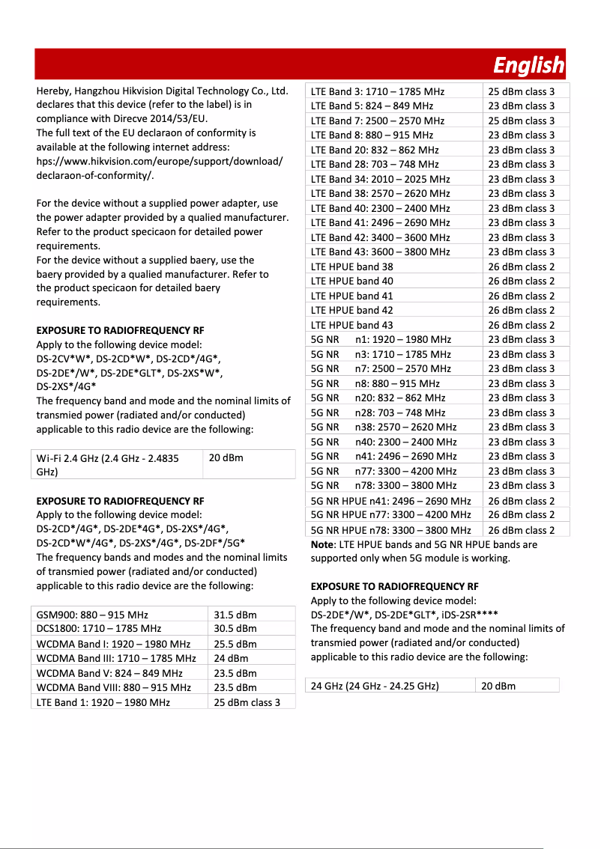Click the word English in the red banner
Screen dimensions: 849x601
click(x=528, y=66)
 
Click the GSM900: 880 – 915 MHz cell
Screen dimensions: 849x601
click(x=92, y=615)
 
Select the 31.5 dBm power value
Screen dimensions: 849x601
click(x=235, y=615)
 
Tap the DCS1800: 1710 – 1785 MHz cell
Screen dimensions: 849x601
click(x=99, y=629)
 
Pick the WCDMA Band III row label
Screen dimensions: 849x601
click(x=116, y=658)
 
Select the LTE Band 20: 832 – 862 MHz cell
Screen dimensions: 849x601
click(x=375, y=150)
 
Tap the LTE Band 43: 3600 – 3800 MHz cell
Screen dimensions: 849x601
click(x=380, y=252)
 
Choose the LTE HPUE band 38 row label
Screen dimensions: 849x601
click(x=351, y=267)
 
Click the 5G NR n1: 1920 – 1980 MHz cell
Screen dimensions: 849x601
click(x=381, y=339)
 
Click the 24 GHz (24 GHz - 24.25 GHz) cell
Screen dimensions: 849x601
click(x=375, y=686)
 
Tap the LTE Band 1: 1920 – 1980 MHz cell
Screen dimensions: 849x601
click(x=103, y=702)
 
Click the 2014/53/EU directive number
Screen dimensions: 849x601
click(x=183, y=119)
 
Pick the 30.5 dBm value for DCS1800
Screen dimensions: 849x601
click(x=235, y=629)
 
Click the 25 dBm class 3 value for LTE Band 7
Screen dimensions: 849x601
click(x=522, y=121)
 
